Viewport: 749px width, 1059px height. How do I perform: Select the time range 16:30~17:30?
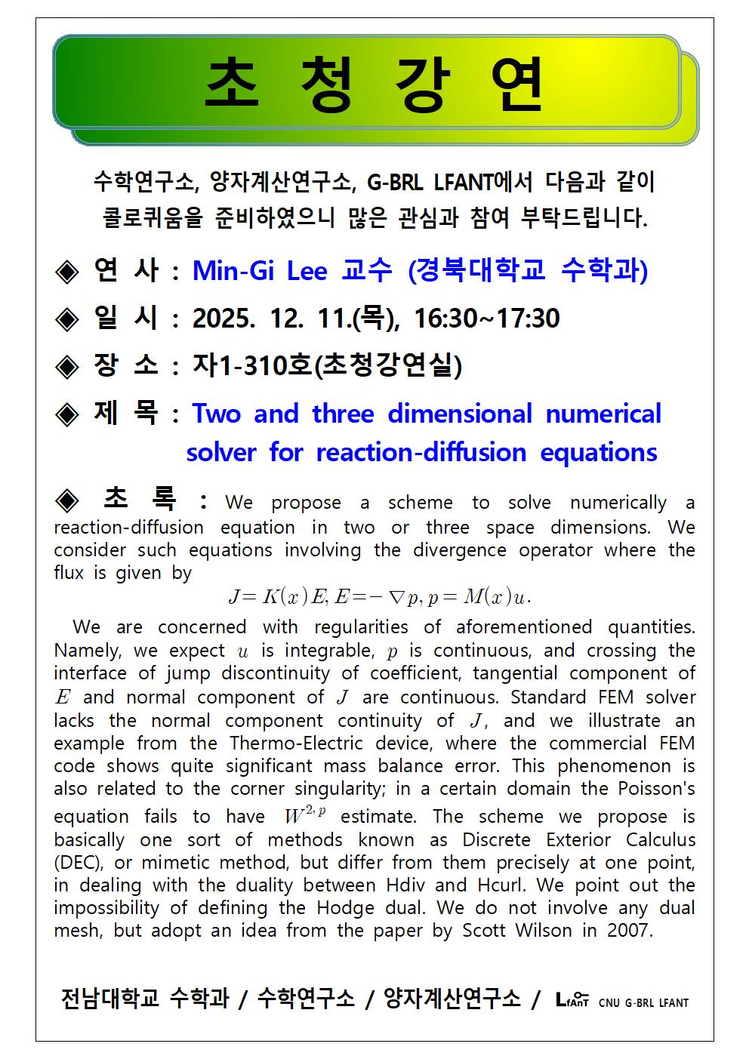487,319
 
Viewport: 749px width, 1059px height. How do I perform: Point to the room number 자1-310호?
252,366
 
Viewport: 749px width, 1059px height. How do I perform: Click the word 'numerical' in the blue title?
603,414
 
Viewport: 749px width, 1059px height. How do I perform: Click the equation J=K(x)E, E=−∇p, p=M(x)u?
380,598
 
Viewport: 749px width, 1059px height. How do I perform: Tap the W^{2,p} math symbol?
304,814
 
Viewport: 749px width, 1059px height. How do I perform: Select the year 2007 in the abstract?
629,931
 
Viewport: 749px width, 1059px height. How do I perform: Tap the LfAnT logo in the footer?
572,999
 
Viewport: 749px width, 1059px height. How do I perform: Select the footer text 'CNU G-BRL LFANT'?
643,1003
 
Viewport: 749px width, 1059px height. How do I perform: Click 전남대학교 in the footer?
110,998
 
